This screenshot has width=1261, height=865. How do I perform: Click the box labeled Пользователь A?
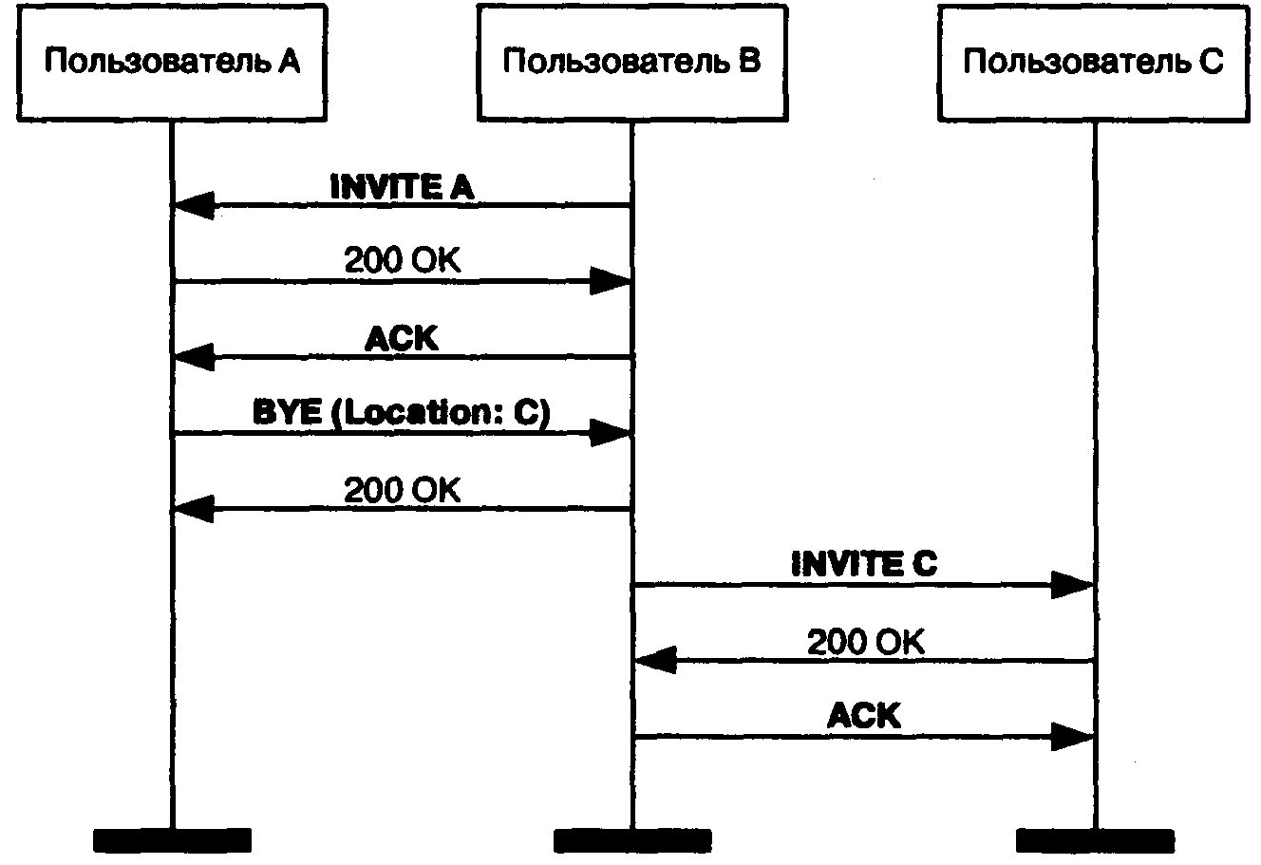(x=172, y=63)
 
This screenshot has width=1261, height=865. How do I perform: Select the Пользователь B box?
(x=631, y=63)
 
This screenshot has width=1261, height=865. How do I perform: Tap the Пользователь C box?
(x=1094, y=63)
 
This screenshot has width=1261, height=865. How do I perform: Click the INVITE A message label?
(x=402, y=187)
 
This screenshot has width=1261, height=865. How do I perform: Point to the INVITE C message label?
(x=864, y=565)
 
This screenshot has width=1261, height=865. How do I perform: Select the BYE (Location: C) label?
(x=402, y=414)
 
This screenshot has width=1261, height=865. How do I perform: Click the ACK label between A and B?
(x=402, y=338)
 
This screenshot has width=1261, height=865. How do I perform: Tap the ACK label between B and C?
(x=864, y=715)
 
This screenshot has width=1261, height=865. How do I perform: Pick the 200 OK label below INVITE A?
(x=402, y=261)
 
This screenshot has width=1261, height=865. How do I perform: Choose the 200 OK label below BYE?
(x=402, y=490)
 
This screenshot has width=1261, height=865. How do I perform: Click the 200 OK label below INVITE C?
(x=864, y=642)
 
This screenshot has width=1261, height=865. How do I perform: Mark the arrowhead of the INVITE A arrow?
(x=193, y=205)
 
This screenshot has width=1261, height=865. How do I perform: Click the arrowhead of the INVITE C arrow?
(x=1073, y=586)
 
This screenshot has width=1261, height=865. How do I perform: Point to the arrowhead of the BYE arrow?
(x=611, y=434)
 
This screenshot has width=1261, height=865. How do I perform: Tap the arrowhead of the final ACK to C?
(x=1073, y=737)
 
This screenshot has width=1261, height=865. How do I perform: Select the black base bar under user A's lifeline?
(x=172, y=840)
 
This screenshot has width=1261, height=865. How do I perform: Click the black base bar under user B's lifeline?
(x=631, y=840)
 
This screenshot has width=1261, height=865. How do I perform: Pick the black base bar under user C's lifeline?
(x=1094, y=840)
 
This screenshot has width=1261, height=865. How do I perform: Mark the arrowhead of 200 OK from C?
(x=655, y=661)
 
